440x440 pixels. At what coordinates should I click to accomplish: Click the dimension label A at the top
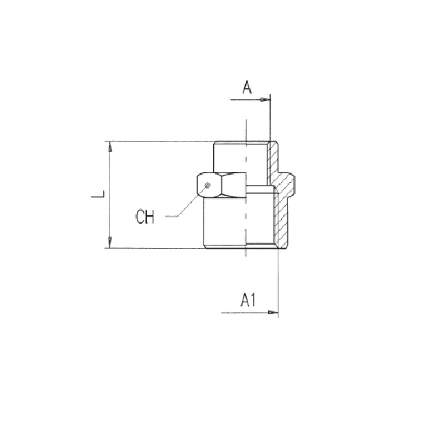coord(247,87)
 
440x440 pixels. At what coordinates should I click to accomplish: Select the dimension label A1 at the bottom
coord(248,300)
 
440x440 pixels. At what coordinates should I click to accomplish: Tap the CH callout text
coord(145,217)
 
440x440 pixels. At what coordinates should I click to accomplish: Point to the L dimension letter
coord(98,194)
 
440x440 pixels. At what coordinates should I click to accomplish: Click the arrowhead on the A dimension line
coord(265,100)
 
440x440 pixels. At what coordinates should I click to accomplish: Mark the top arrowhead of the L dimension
coord(110,146)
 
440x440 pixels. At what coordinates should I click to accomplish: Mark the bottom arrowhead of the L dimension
coord(110,243)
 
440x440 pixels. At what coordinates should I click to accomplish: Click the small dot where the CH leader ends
coord(208,185)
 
